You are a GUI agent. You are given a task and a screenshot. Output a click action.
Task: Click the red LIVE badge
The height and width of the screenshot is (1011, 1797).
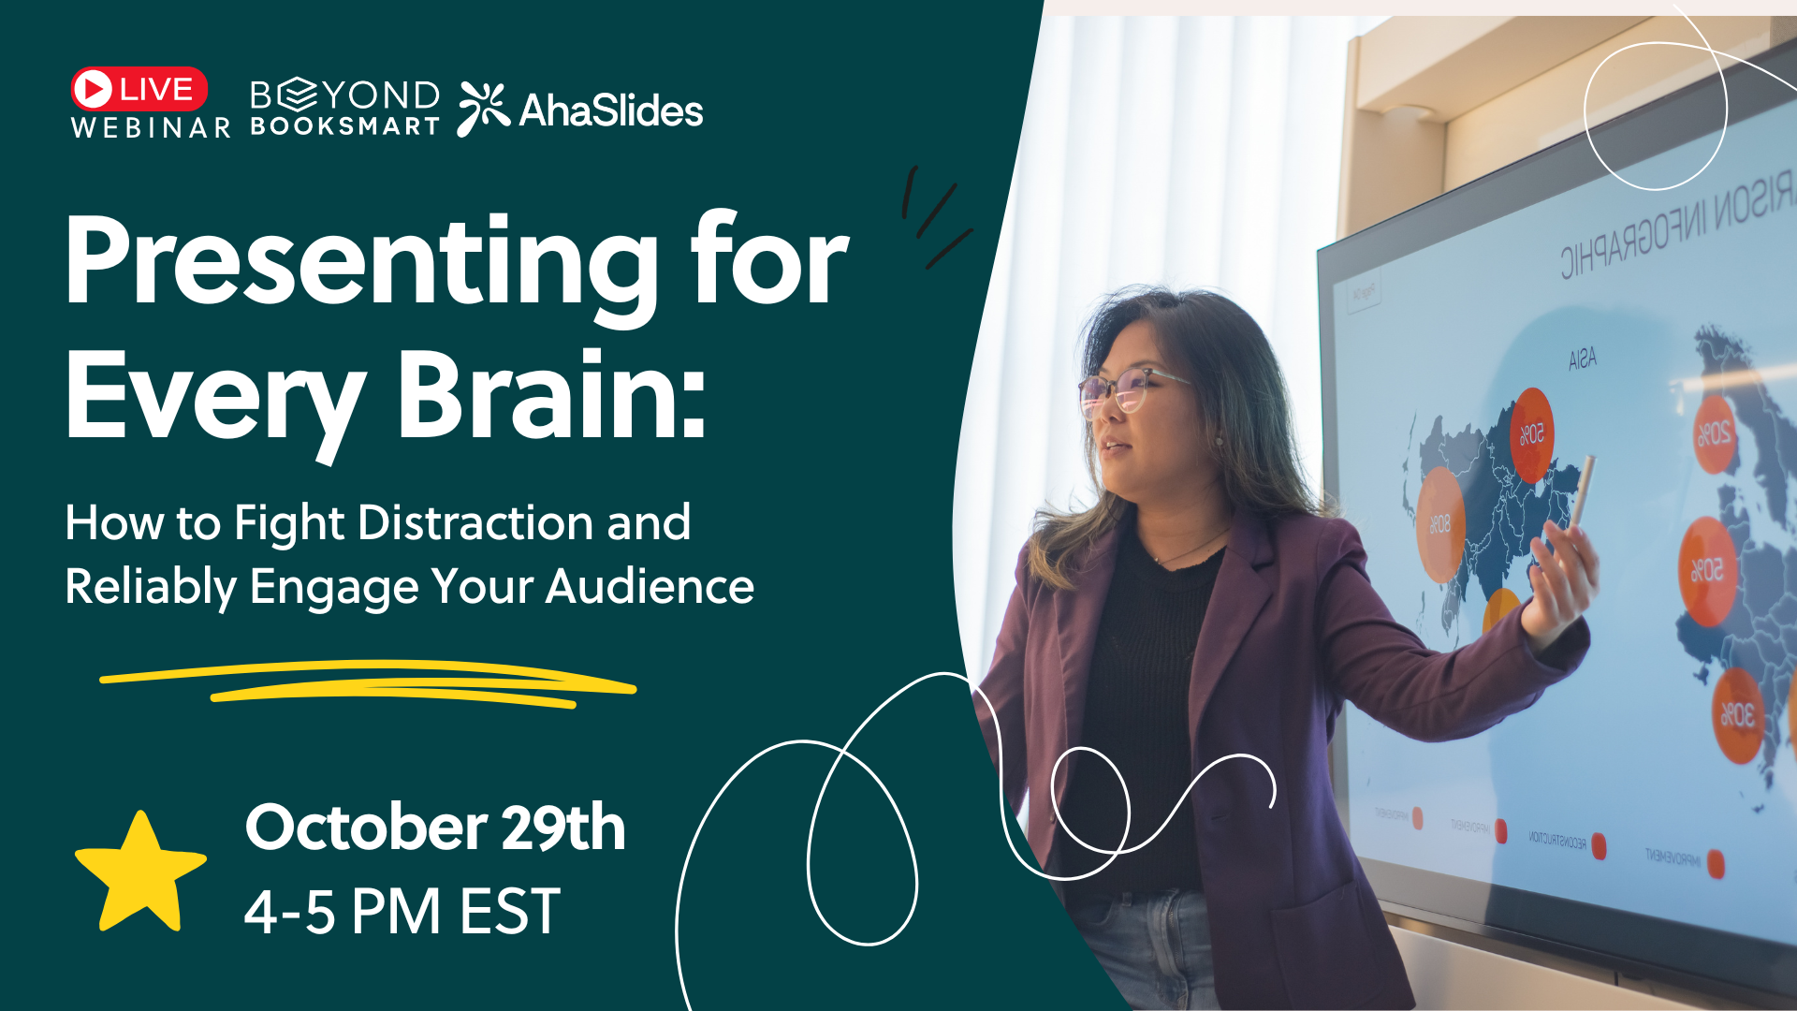(139, 89)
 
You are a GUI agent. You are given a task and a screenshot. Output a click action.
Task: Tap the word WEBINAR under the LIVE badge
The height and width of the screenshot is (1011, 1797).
(151, 127)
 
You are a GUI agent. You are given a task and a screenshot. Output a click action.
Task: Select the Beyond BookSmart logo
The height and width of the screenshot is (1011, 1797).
(344, 108)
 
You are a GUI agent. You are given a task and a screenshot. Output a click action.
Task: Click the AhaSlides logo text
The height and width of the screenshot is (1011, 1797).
(610, 110)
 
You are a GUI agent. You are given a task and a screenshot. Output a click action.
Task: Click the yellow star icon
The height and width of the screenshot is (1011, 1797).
(140, 872)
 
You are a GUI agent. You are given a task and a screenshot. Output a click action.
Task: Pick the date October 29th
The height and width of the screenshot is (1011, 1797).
(435, 828)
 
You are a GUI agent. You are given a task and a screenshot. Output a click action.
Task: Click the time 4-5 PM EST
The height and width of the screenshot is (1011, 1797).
(402, 912)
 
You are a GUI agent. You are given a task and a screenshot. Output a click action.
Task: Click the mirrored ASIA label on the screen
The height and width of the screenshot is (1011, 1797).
(1582, 359)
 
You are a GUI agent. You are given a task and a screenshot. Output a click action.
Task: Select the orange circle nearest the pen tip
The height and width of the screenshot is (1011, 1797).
(1531, 434)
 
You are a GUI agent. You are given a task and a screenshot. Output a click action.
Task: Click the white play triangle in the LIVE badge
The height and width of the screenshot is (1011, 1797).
(93, 89)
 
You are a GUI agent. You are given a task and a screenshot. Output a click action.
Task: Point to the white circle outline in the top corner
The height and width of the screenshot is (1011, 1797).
(1655, 115)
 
